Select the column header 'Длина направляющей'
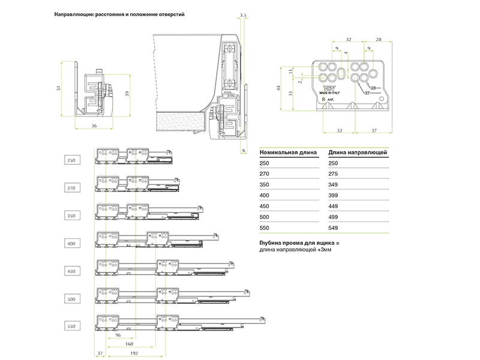pos(358,152)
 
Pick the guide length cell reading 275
pos(334,174)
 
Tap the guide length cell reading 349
pos(334,185)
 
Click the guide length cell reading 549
pos(334,228)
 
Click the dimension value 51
pos(59,88)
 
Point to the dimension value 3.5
pos(242,13)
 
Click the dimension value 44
pos(278,88)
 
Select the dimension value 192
pos(133,354)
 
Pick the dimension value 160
pos(129,344)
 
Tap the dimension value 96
pos(118,335)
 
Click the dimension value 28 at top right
pos(379,39)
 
